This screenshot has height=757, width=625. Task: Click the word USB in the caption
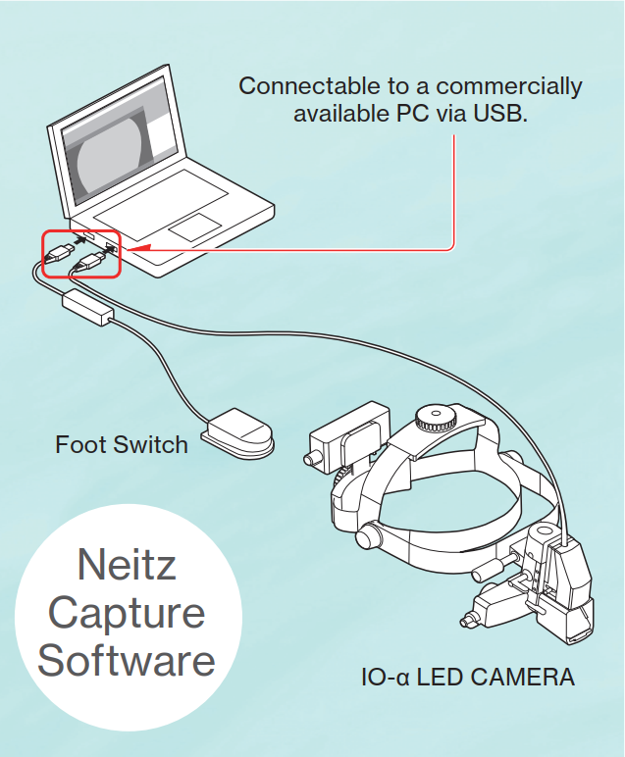(x=499, y=115)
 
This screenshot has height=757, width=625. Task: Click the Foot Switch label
(x=122, y=444)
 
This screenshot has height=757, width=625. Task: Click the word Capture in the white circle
(x=127, y=613)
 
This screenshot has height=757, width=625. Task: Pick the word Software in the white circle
(x=127, y=660)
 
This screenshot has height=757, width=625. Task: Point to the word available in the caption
(x=339, y=115)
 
